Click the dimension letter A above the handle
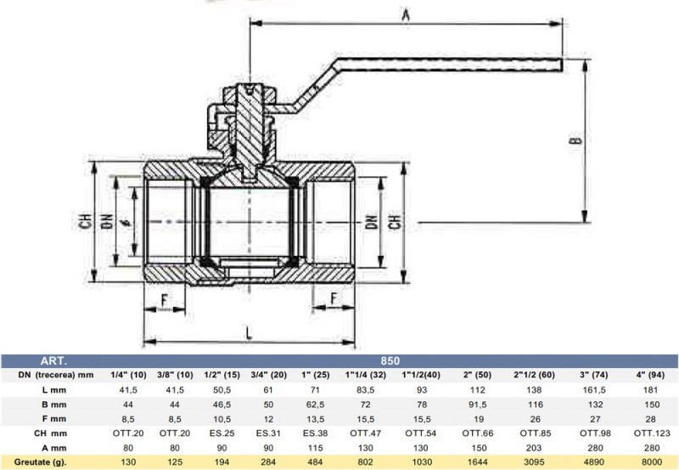(x=406, y=14)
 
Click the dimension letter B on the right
(x=576, y=140)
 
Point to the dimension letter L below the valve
(x=249, y=333)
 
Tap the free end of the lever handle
(x=562, y=65)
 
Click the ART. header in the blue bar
(x=53, y=360)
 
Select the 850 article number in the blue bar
(x=390, y=360)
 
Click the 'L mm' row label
(x=54, y=390)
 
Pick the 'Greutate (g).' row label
(x=40, y=462)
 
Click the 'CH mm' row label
(x=50, y=433)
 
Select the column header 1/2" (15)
(x=222, y=375)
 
